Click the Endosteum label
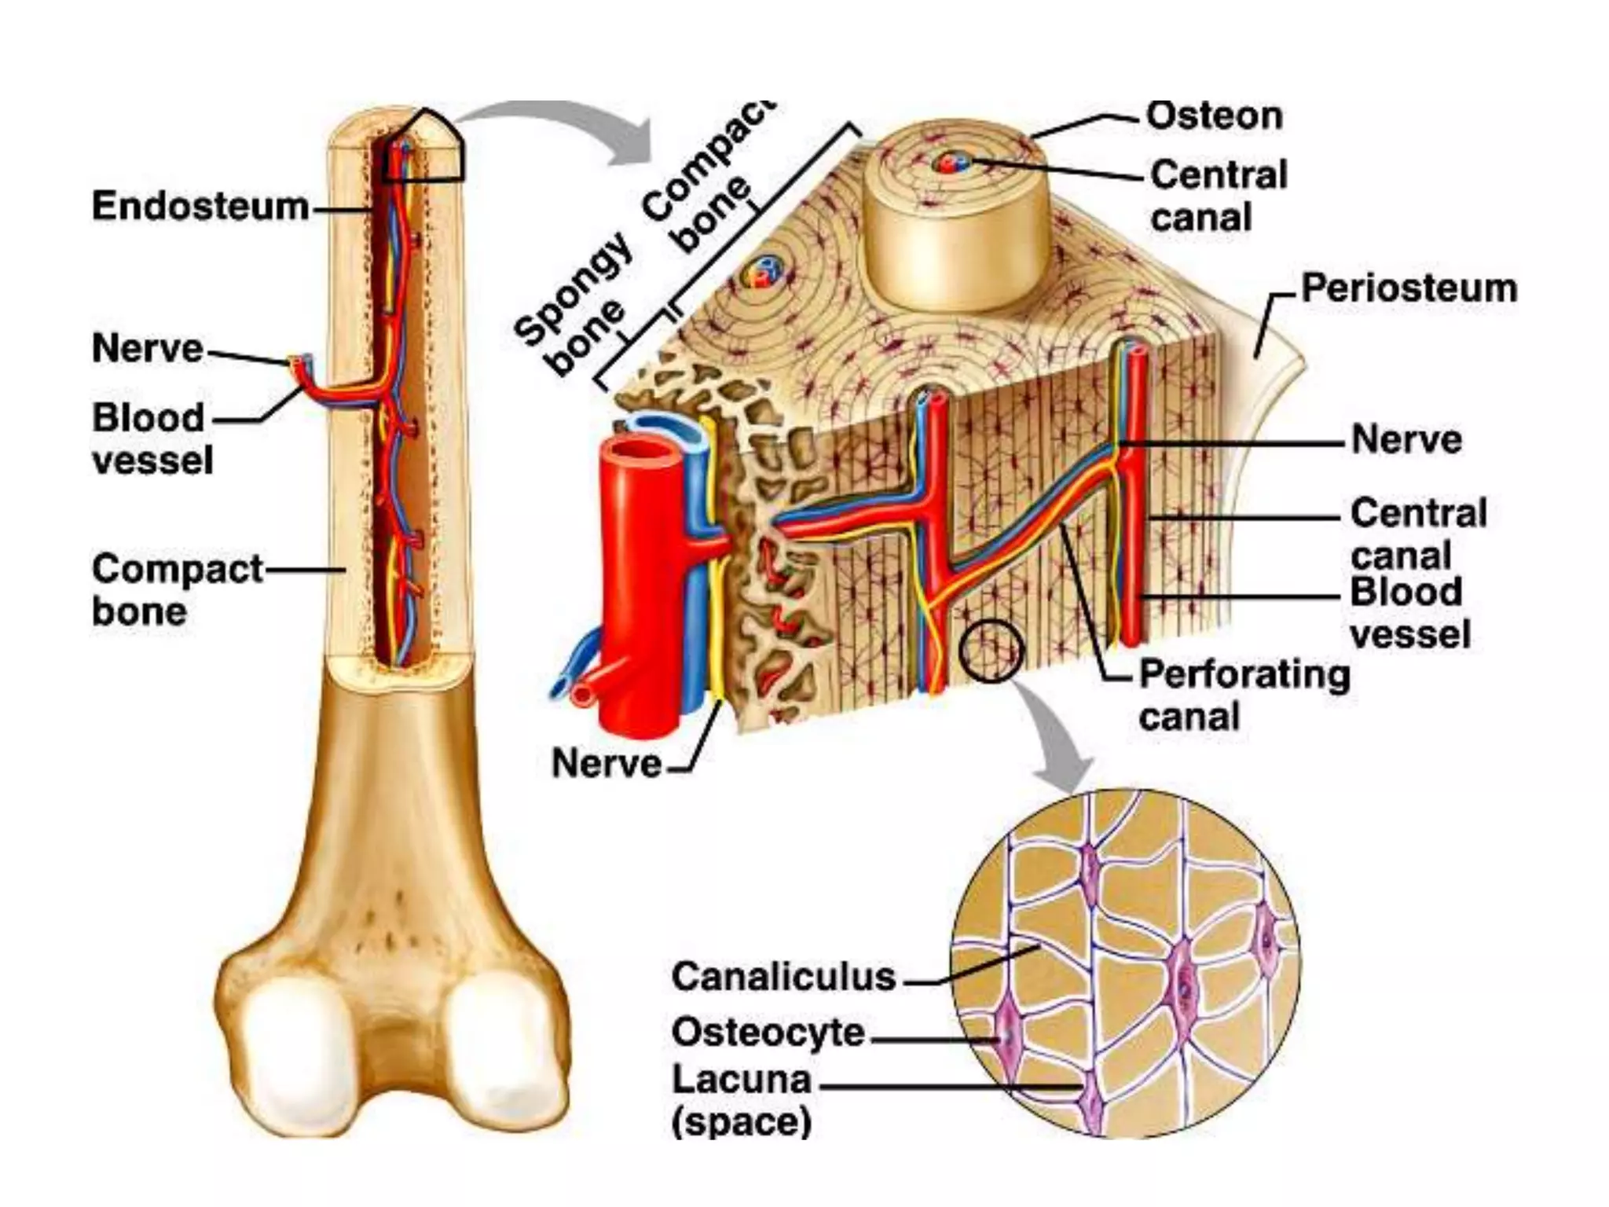point(200,207)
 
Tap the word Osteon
point(1214,116)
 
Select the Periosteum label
point(1409,288)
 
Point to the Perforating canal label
point(1244,695)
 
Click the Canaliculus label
point(783,977)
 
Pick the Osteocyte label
point(768,1033)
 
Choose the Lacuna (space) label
point(741,1100)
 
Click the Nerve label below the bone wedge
point(607,763)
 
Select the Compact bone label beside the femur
point(177,589)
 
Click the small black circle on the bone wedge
point(991,651)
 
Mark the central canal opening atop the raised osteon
point(946,163)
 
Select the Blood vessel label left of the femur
point(152,438)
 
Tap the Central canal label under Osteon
point(1218,196)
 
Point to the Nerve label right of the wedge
point(1406,439)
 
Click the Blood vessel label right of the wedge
point(1409,612)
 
